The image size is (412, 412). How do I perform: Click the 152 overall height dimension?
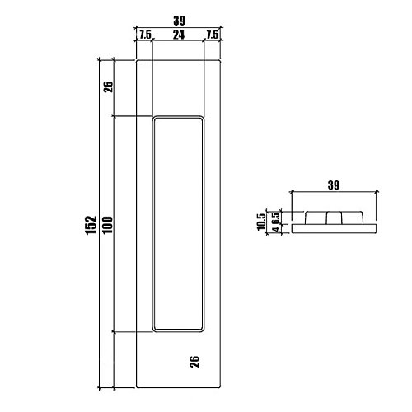[91, 225]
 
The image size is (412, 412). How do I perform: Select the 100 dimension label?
[108, 225]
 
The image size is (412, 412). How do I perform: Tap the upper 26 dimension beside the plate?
[108, 87]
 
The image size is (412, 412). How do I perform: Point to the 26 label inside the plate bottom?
[194, 362]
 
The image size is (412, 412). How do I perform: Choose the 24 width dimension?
[179, 35]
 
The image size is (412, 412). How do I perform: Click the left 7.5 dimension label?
[145, 35]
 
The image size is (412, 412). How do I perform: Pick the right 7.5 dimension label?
[213, 35]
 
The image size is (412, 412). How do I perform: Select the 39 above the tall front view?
[180, 21]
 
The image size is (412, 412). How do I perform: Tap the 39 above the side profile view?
[334, 185]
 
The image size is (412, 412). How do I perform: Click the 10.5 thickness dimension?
[261, 222]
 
